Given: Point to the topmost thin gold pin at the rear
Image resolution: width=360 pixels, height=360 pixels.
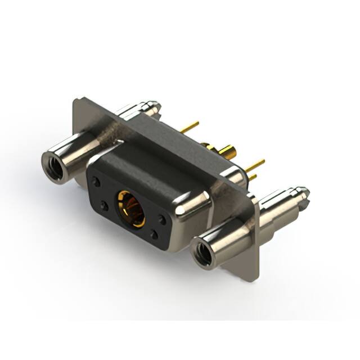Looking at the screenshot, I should point(191,125).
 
